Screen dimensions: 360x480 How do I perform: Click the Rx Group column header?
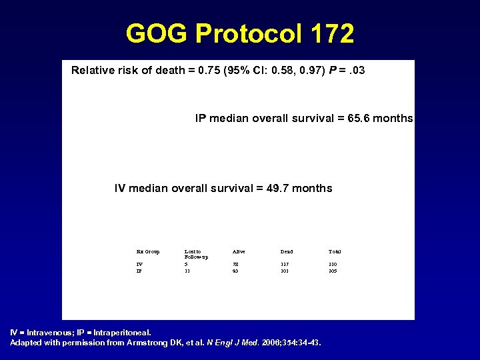pyautogui.click(x=148, y=251)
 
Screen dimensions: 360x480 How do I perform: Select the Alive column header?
pyautogui.click(x=239, y=251)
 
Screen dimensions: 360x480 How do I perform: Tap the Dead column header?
pyautogui.click(x=287, y=251)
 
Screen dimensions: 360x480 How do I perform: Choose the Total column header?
pyautogui.click(x=335, y=251)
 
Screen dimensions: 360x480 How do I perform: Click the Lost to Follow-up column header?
pyautogui.click(x=196, y=254)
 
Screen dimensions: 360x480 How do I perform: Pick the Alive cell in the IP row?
pyautogui.click(x=235, y=271)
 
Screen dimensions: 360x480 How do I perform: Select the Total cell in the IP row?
pyautogui.click(x=333, y=271)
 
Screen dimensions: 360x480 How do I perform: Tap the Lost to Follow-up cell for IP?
pyautogui.click(x=187, y=271)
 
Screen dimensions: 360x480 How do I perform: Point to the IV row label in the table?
pyautogui.click(x=139, y=265)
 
